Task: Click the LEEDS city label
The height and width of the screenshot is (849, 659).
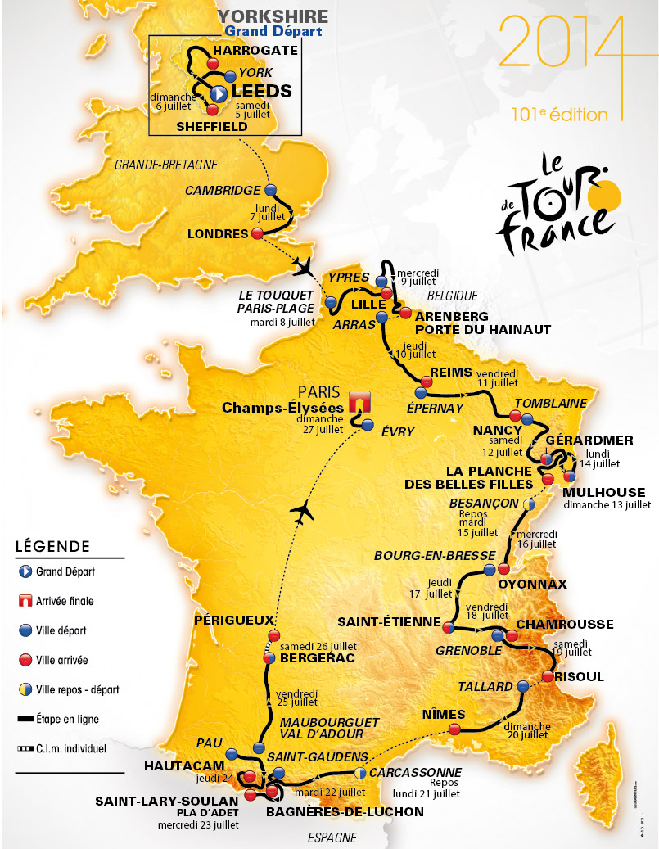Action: coord(262,91)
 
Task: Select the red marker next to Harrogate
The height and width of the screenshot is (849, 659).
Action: coord(213,63)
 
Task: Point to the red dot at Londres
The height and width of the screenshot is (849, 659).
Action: coord(257,233)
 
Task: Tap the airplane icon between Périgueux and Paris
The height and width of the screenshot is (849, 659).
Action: coord(302,512)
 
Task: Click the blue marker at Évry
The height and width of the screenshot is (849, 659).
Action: coord(367,425)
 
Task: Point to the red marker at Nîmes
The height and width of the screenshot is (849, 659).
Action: coord(456,728)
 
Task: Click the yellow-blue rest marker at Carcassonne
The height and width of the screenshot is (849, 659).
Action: coord(361,772)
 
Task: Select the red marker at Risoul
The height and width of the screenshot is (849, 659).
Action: coord(547,676)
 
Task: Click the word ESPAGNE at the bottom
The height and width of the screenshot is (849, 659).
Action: coord(333,837)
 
